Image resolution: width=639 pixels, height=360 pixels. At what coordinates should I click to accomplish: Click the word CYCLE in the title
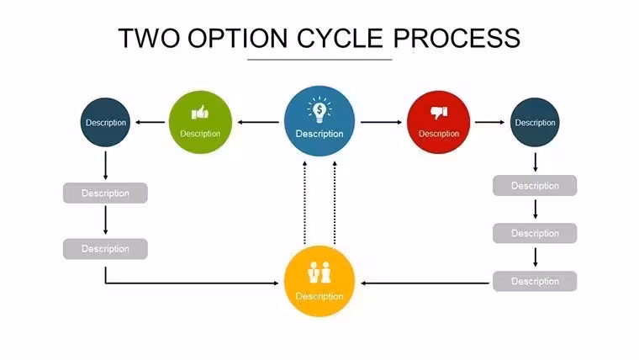pyautogui.click(x=340, y=39)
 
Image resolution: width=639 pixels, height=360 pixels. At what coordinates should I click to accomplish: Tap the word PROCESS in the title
pyautogui.click(x=457, y=39)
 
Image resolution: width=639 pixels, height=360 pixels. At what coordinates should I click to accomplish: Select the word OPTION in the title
pyautogui.click(x=238, y=39)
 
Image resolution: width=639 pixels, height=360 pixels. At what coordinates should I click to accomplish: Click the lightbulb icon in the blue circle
pyautogui.click(x=319, y=109)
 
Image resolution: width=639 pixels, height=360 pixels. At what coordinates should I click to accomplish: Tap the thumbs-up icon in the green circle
pyautogui.click(x=200, y=112)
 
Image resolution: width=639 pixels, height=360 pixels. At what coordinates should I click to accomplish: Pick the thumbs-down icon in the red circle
pyautogui.click(x=439, y=112)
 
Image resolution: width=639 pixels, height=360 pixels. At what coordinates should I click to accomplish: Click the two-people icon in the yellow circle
pyautogui.click(x=319, y=273)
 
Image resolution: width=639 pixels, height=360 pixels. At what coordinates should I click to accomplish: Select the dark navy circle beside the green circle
pyautogui.click(x=106, y=122)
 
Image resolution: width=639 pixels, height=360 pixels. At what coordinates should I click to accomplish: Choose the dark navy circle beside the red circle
pyautogui.click(x=535, y=122)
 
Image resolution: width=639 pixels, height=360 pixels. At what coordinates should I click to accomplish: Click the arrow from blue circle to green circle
pyautogui.click(x=258, y=122)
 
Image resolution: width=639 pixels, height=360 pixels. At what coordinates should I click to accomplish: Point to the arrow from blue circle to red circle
pyautogui.click(x=381, y=122)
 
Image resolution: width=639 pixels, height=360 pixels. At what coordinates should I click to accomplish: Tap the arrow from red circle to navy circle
pyautogui.click(x=490, y=122)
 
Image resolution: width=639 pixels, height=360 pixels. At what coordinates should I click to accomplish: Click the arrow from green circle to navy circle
pyautogui.click(x=151, y=122)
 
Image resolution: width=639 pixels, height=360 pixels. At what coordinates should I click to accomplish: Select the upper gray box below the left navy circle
pyautogui.click(x=105, y=193)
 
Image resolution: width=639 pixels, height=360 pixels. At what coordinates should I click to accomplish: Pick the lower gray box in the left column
pyautogui.click(x=105, y=249)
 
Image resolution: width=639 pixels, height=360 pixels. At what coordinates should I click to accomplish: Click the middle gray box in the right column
pyautogui.click(x=535, y=233)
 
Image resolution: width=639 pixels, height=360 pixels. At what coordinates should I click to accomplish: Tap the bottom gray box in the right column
pyautogui.click(x=535, y=281)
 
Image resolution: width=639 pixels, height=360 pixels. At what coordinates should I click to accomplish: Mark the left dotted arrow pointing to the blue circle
pyautogui.click(x=304, y=203)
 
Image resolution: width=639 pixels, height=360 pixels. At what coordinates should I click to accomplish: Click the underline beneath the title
pyautogui.click(x=319, y=60)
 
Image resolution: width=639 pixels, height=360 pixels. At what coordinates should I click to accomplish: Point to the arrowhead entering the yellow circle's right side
pyautogui.click(x=363, y=283)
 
